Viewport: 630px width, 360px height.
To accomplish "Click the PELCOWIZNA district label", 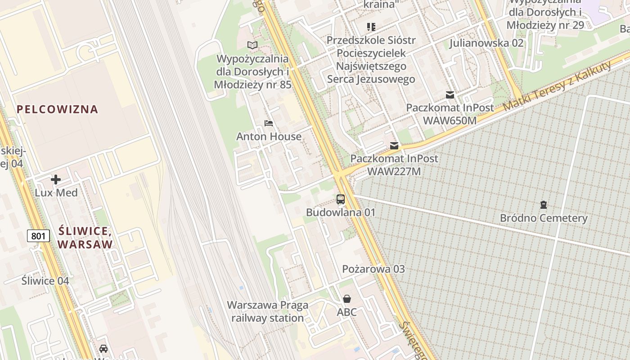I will pos(57,109).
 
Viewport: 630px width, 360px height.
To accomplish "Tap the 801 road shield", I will pos(38,235).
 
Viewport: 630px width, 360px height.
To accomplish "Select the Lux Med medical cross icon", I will pos(56,180).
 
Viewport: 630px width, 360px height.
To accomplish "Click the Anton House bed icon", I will pos(269,123).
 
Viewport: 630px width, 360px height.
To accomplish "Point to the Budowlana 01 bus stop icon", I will pos(341,199).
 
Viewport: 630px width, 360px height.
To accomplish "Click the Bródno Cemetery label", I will pos(544,218).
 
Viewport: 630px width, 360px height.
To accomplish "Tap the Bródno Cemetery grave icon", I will pos(544,205).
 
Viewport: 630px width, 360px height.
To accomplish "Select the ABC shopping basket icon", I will pos(347,299).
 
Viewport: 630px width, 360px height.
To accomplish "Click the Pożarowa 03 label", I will pos(373,269).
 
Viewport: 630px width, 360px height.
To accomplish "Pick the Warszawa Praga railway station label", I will pos(268,311).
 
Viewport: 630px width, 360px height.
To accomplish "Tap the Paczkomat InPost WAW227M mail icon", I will pos(394,145).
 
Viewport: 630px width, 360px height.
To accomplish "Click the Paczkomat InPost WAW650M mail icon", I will pos(450,94).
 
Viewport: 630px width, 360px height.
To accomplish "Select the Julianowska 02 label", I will pos(486,43).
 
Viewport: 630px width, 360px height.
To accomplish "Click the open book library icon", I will pos(253,45).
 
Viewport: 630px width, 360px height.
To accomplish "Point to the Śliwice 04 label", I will pos(45,281).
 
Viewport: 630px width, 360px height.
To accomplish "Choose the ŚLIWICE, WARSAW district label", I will pos(85,238).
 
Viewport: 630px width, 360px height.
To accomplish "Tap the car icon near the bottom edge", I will pos(103,349).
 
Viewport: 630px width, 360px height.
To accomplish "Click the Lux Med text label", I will pos(56,193).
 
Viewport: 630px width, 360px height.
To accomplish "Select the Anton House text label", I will pos(269,136).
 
